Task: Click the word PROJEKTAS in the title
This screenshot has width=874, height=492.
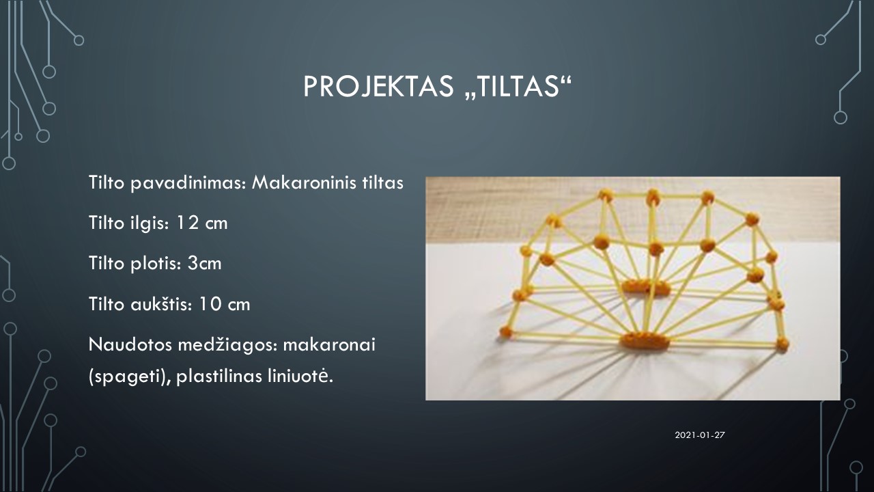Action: click(x=378, y=86)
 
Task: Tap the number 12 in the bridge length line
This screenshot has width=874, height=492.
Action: click(x=188, y=223)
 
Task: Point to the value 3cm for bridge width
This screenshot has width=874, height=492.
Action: click(x=204, y=263)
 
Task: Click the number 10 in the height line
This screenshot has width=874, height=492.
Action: click(x=210, y=304)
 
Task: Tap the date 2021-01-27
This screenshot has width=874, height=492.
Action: click(x=700, y=435)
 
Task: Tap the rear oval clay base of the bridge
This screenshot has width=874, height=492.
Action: click(x=645, y=288)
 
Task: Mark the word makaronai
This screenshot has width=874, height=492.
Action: click(x=329, y=344)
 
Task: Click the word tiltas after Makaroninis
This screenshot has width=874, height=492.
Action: click(x=383, y=182)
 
